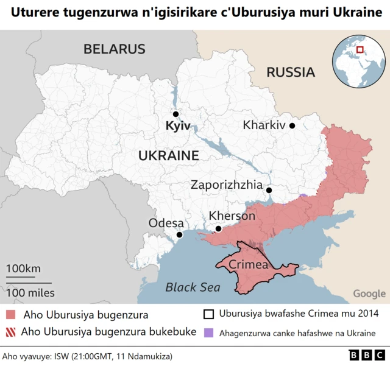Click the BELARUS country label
pyautogui.click(x=114, y=49)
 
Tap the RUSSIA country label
pyautogui.click(x=291, y=72)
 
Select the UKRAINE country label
pyautogui.click(x=168, y=155)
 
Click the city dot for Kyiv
pyautogui.click(x=175, y=114)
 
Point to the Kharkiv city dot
pyautogui.click(x=292, y=125)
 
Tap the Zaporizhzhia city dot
pyautogui.click(x=269, y=190)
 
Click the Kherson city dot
pyautogui.click(x=218, y=229)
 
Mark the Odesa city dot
pyautogui.click(x=179, y=234)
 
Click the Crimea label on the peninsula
pyautogui.click(x=248, y=265)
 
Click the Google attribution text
pyautogui.click(x=369, y=294)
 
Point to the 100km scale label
pyautogui.click(x=24, y=269)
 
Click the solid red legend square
pyautogui.click(x=11, y=315)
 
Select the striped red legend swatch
pyautogui.click(x=11, y=333)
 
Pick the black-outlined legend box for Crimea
pyautogui.click(x=208, y=314)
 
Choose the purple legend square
pyautogui.click(x=208, y=333)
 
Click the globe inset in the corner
pyautogui.click(x=359, y=60)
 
